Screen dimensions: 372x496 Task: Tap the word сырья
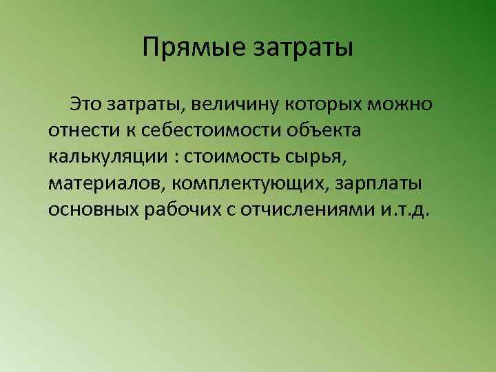315,157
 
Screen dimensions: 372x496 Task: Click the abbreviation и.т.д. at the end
405,209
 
